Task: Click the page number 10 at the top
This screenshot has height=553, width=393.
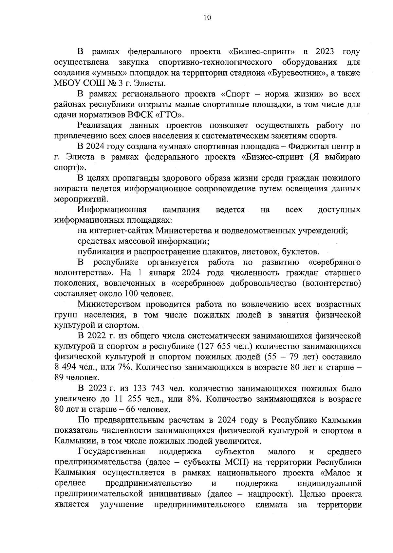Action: point(207,18)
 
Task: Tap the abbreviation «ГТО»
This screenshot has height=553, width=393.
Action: point(171,115)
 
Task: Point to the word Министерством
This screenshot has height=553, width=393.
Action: point(109,304)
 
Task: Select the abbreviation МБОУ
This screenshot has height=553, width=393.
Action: point(67,83)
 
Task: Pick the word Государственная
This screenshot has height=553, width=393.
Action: point(111,452)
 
